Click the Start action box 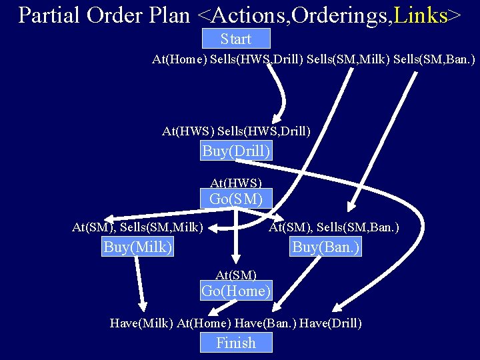(236, 39)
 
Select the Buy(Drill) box (236, 151)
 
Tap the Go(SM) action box (236, 199)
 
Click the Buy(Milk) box (138, 247)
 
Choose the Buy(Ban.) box (326, 247)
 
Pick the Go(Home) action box (236, 291)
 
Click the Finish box (236, 343)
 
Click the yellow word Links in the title (421, 15)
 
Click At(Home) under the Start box (179, 60)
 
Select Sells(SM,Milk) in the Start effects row (347, 60)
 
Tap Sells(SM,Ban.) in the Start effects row (434, 60)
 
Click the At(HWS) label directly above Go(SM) (236, 182)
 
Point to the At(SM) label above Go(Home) (236, 274)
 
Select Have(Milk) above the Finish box (141, 323)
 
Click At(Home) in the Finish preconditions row (203, 323)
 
